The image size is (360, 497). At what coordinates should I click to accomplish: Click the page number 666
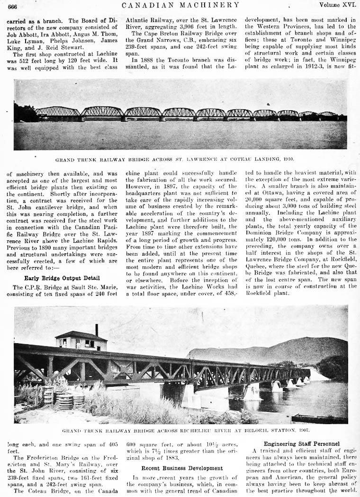click(13, 6)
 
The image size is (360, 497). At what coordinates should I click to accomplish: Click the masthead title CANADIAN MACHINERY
click(180, 5)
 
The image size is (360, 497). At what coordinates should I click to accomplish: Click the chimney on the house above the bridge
click(97, 329)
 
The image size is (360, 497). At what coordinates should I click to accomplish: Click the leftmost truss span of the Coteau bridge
click(58, 112)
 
